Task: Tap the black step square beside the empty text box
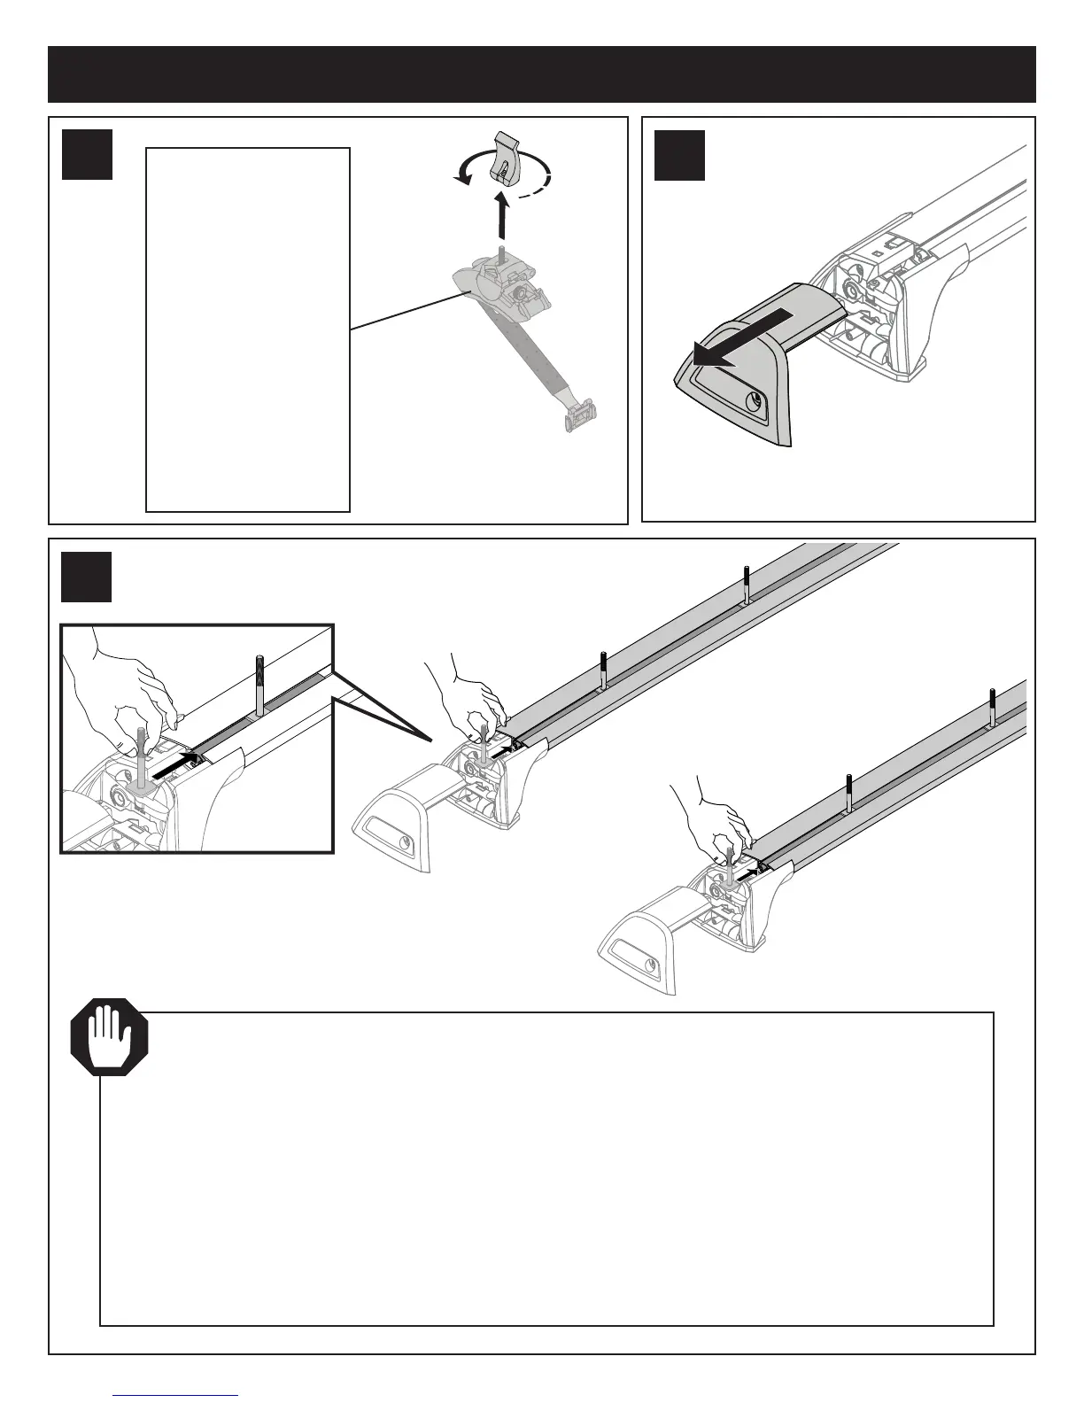[87, 155]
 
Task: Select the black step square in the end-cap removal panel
[679, 155]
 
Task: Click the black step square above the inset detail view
[87, 577]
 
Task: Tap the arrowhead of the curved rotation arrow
[458, 180]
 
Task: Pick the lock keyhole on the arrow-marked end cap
[754, 403]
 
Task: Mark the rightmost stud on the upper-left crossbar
[747, 584]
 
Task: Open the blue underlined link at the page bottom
[176, 1396]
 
